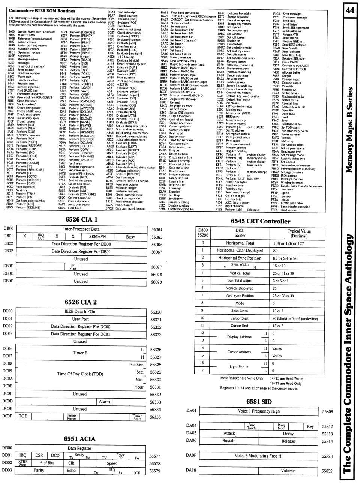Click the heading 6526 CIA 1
81,219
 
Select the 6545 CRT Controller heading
260,221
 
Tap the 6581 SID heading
259,402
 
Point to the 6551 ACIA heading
79,438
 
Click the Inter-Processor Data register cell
81,229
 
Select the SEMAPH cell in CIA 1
97,236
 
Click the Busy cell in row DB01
130,237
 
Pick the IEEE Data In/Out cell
81,311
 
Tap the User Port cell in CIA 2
81,319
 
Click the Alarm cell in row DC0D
104,401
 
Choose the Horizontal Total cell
240,243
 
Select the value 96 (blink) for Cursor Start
295,318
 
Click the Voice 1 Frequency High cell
259,411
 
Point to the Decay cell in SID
288,433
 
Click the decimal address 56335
155,417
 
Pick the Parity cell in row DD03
39,470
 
